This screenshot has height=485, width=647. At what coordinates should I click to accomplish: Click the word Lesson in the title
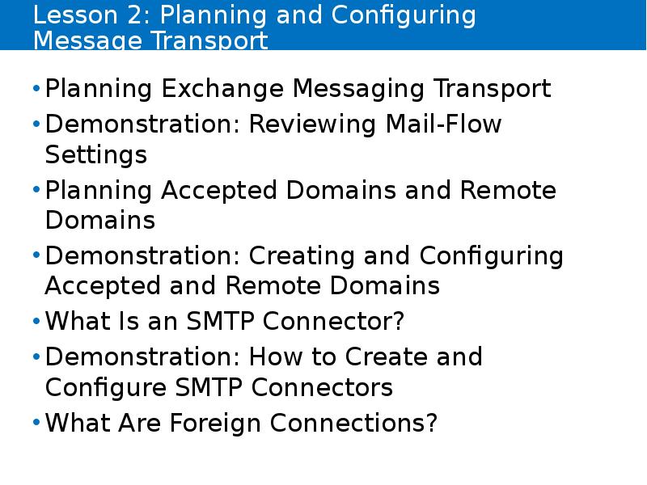75,15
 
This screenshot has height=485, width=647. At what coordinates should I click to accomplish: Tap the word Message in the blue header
87,41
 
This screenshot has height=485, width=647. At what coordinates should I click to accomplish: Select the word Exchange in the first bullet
222,89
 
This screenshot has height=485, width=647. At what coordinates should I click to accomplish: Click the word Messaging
358,89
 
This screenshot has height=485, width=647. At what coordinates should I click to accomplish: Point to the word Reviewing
312,124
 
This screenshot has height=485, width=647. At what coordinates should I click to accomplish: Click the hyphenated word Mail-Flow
443,124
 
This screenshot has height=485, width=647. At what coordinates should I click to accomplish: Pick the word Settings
95,155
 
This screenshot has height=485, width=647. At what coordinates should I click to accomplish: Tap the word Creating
302,256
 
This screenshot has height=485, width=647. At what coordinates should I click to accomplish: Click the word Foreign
215,423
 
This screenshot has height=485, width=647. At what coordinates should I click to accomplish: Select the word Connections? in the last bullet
353,423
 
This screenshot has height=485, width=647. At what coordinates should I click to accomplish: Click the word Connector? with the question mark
333,321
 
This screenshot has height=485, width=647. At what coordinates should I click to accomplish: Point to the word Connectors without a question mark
322,387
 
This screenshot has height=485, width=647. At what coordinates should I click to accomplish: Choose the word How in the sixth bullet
276,356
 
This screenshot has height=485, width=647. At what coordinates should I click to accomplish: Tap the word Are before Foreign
139,423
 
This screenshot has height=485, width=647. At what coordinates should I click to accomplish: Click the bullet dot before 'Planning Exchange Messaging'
36,88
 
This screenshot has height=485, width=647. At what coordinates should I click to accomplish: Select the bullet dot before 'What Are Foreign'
36,422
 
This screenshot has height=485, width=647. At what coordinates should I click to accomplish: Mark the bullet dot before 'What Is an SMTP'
36,320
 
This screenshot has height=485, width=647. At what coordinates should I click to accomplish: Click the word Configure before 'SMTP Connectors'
106,388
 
